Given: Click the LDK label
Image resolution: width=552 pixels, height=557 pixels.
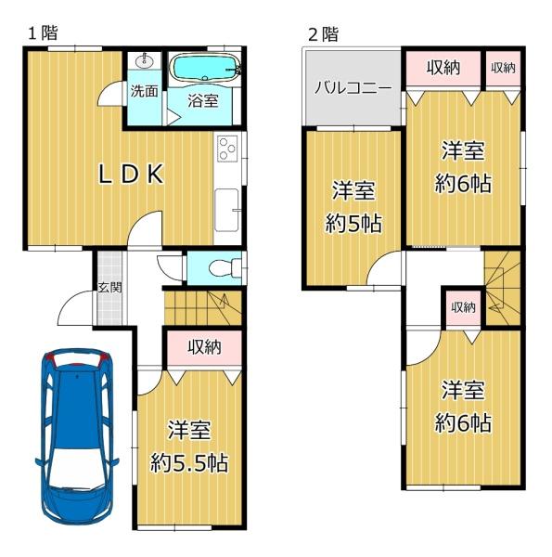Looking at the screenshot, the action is pos(131,175).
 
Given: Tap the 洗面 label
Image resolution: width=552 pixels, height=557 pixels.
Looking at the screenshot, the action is pos(144,91).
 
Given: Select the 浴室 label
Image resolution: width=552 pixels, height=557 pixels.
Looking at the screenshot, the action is pos(202,101).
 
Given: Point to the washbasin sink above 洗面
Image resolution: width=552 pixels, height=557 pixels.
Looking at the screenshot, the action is pos(145,60).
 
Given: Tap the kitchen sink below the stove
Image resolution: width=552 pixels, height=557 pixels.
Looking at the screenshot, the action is pos(227,210).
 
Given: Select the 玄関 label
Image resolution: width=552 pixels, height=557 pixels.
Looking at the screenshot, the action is pos(110,288).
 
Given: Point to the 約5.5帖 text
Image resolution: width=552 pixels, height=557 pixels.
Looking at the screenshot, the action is pos(189,463).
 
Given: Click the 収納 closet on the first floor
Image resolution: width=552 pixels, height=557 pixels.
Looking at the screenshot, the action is pos(204,347).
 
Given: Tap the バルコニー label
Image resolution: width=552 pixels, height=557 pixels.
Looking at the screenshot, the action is pos(353,88).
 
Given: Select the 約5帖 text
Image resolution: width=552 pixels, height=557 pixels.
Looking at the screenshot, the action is pos(353,224).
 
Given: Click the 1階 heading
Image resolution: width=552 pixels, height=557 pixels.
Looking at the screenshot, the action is pos(43,33).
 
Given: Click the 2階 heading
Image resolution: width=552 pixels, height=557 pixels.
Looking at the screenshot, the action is pos(324,34).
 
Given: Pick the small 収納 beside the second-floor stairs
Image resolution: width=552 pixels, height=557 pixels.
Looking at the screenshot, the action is pos(463,307).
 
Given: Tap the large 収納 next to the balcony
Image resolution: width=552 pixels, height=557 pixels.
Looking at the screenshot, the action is pos(443,68).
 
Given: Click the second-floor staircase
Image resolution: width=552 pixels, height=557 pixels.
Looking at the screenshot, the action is pos(502,288).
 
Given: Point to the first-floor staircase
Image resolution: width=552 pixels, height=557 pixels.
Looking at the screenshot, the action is pos(202,307).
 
